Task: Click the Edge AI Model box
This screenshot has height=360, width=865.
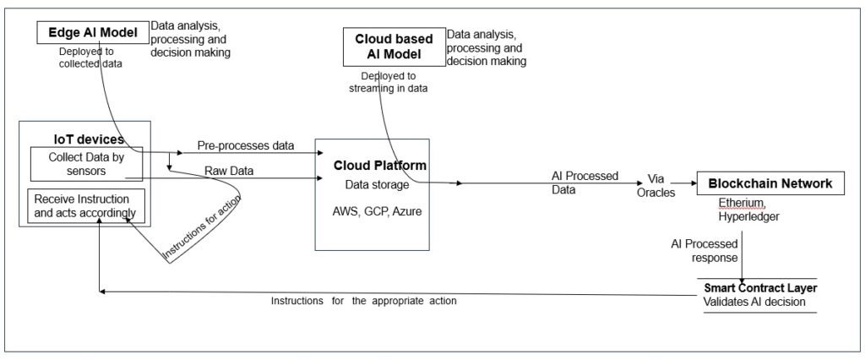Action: pos(92,32)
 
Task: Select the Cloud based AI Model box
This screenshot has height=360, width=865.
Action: pos(393,46)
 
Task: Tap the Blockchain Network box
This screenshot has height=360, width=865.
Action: pos(770,183)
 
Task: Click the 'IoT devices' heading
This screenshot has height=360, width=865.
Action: pos(84,139)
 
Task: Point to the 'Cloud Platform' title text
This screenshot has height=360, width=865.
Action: pos(379,166)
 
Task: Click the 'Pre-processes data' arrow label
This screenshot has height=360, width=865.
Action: pos(246,145)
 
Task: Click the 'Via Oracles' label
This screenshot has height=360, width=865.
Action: pos(656,185)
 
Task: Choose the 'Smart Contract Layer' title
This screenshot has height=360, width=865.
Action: pos(759,287)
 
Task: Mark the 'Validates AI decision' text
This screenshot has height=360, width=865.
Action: pos(755,302)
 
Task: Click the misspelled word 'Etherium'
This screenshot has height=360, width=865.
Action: pos(742,204)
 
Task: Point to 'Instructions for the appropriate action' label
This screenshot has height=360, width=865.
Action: pos(363,301)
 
